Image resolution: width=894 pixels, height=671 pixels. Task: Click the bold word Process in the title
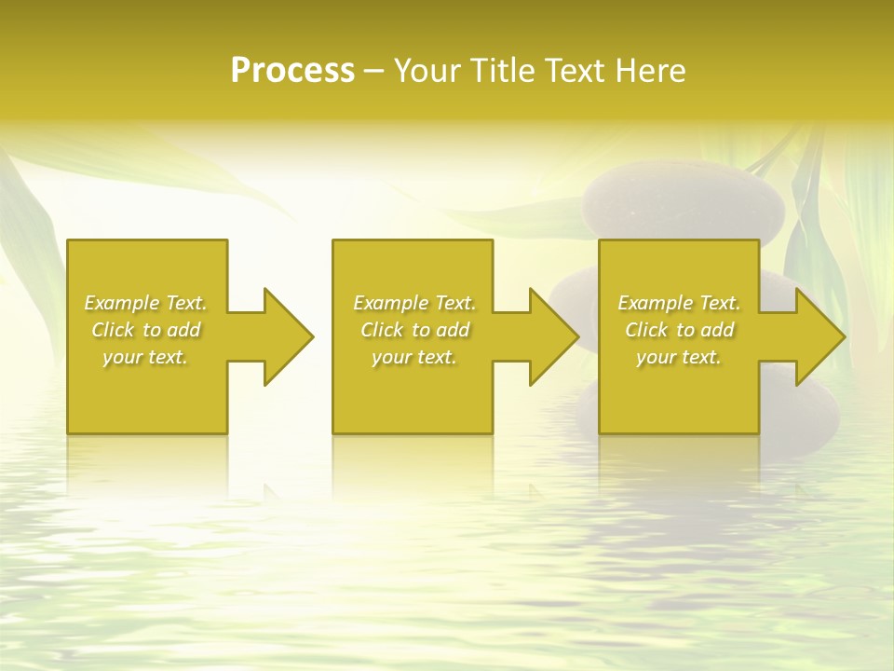292,71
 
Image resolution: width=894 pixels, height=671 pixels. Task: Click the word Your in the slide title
426,71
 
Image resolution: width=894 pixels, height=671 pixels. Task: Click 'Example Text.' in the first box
145,303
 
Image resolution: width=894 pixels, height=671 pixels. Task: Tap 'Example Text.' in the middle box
414,303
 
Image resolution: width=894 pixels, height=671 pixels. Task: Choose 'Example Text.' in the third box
679,303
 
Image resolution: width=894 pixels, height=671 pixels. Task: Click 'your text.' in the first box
145,357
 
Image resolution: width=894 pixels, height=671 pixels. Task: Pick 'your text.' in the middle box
414,357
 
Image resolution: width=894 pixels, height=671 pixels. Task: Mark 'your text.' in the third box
679,357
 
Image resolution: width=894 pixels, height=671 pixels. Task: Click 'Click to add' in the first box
145,330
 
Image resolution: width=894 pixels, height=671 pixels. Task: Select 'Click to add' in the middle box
414,330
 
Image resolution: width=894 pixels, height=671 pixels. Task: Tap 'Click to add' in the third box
679,330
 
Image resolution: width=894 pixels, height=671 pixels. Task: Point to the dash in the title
373,71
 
